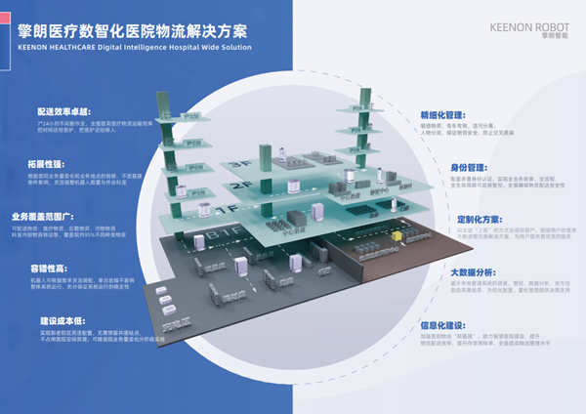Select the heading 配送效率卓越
[x=62, y=112]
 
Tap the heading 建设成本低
[x=57, y=319]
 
